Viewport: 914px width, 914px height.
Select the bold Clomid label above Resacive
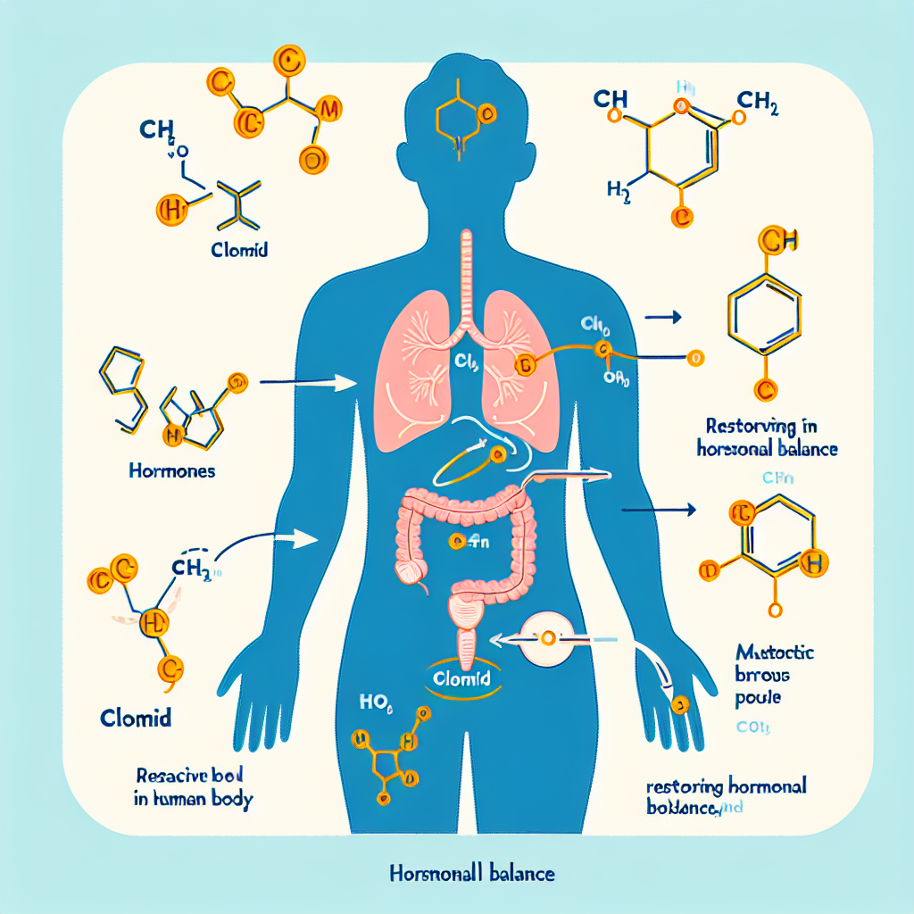point(136,718)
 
